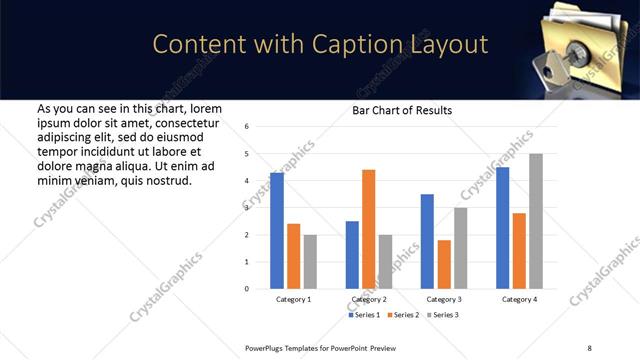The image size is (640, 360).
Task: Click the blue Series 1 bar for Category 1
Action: [277, 231]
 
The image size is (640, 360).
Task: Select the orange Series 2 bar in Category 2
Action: [368, 229]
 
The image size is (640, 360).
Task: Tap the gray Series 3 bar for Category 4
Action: [535, 221]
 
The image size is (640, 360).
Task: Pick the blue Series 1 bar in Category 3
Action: [427, 241]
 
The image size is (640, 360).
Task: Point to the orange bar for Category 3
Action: [444, 264]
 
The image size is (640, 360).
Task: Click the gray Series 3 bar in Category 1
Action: [310, 261]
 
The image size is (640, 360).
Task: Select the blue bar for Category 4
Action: [502, 228]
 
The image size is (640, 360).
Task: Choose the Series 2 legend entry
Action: [403, 315]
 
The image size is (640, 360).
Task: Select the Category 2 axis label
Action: [368, 300]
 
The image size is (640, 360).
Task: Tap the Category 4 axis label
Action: [518, 300]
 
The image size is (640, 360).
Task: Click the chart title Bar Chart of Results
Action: [402, 110]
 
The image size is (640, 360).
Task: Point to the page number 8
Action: [587, 346]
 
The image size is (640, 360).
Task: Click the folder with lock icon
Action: [580, 45]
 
